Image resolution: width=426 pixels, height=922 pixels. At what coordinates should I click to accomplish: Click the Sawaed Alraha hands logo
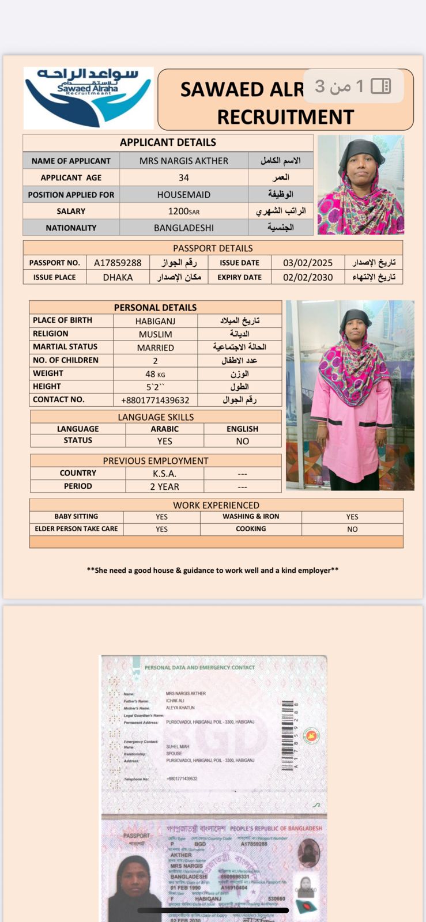click(x=88, y=97)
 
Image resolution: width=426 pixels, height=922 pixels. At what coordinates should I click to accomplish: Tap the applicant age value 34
click(x=183, y=177)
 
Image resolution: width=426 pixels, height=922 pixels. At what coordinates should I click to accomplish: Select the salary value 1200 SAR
click(x=183, y=211)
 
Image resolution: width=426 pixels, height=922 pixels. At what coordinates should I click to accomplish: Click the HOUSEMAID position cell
click(x=183, y=195)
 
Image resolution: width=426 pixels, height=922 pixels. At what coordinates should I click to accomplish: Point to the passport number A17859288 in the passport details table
click(x=118, y=263)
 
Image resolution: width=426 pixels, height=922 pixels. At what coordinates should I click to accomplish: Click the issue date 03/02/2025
click(x=307, y=263)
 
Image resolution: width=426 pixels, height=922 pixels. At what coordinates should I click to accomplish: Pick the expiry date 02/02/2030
click(x=307, y=277)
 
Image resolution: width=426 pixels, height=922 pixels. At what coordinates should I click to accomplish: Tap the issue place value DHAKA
click(x=118, y=277)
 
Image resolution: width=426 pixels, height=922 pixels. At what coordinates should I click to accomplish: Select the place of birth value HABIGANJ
click(x=155, y=321)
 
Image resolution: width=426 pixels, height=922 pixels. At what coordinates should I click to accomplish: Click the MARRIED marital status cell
click(x=155, y=347)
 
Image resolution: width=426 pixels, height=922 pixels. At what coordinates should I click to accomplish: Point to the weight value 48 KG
click(x=155, y=374)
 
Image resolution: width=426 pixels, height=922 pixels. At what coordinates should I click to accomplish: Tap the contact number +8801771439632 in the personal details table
click(x=155, y=400)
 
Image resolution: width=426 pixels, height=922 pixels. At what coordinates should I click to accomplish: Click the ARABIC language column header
click(x=164, y=429)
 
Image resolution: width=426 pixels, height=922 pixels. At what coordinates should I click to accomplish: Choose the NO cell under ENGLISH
click(x=242, y=441)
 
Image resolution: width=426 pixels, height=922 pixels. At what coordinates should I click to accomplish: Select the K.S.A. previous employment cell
click(x=164, y=473)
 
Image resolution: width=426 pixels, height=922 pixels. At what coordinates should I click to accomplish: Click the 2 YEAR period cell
click(x=164, y=486)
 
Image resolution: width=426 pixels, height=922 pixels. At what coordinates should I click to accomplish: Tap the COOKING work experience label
click(x=251, y=528)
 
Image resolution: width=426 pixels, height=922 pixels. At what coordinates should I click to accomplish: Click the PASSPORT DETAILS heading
click(x=213, y=248)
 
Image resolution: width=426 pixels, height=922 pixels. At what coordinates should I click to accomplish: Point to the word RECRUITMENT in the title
click(x=285, y=117)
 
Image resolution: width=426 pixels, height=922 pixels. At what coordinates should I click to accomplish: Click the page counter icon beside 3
click(x=380, y=86)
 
